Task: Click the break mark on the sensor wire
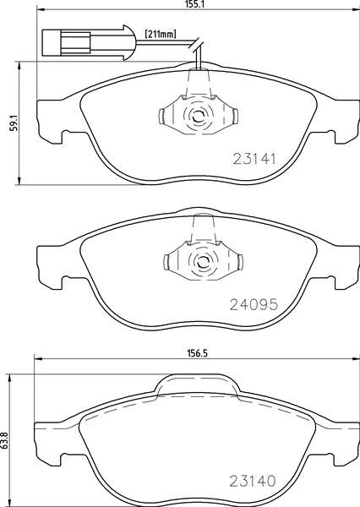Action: tap(197, 49)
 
